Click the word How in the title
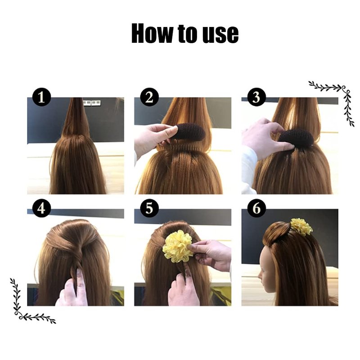[x=152, y=33]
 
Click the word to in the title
[x=188, y=34]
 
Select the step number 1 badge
[x=41, y=97]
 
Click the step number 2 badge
[x=149, y=97]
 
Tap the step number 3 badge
[x=256, y=97]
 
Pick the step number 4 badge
[x=41, y=208]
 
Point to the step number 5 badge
[x=149, y=208]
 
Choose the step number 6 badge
[x=256, y=208]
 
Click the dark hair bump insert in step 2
[x=189, y=132]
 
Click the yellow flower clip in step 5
[x=177, y=246]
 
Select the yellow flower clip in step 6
[x=301, y=227]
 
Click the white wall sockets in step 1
[x=92, y=103]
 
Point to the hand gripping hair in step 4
[x=72, y=290]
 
